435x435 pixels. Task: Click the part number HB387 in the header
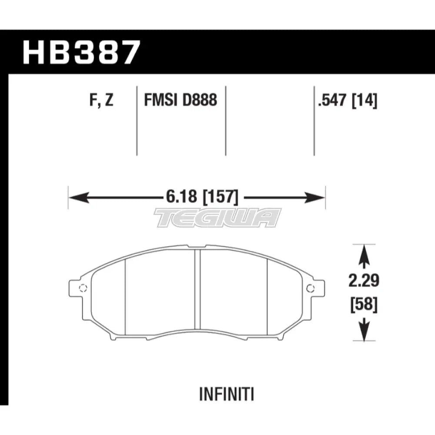coord(81,52)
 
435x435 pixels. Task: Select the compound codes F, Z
coord(101,100)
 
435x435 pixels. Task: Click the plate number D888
coord(199,100)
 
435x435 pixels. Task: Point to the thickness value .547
coord(333,100)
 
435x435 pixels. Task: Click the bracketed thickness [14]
coord(365,100)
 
